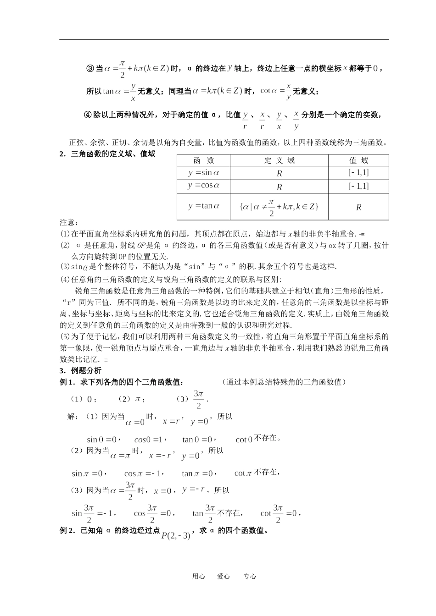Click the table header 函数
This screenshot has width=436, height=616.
[204, 160]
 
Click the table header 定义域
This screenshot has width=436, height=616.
[279, 160]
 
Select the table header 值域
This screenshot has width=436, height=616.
[358, 160]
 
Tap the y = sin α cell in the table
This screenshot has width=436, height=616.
[204, 173]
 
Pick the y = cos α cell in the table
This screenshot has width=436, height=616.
[204, 186]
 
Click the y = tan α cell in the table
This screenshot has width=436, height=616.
[204, 206]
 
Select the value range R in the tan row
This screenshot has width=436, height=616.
[358, 207]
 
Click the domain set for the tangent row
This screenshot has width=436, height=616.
[279, 206]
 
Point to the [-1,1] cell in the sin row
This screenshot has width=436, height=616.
[358, 173]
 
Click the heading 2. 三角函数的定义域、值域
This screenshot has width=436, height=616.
[107, 154]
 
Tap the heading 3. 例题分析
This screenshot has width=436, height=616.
[80, 370]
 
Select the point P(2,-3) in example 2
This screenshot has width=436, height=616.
[176, 535]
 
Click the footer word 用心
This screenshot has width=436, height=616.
[198, 577]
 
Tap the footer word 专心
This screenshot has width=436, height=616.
[250, 577]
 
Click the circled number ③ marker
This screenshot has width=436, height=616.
[90, 68]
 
